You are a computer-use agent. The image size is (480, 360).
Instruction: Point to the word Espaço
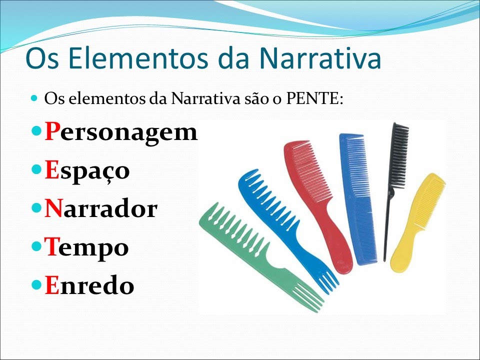[x=87, y=171]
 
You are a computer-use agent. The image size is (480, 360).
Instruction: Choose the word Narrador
[x=100, y=209]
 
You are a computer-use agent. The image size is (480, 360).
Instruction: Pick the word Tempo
[x=86, y=247]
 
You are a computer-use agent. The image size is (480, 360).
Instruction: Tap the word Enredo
[x=89, y=285]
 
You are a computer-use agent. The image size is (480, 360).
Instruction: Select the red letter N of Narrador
[x=53, y=209]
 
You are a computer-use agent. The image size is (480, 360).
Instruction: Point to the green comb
[x=250, y=245]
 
